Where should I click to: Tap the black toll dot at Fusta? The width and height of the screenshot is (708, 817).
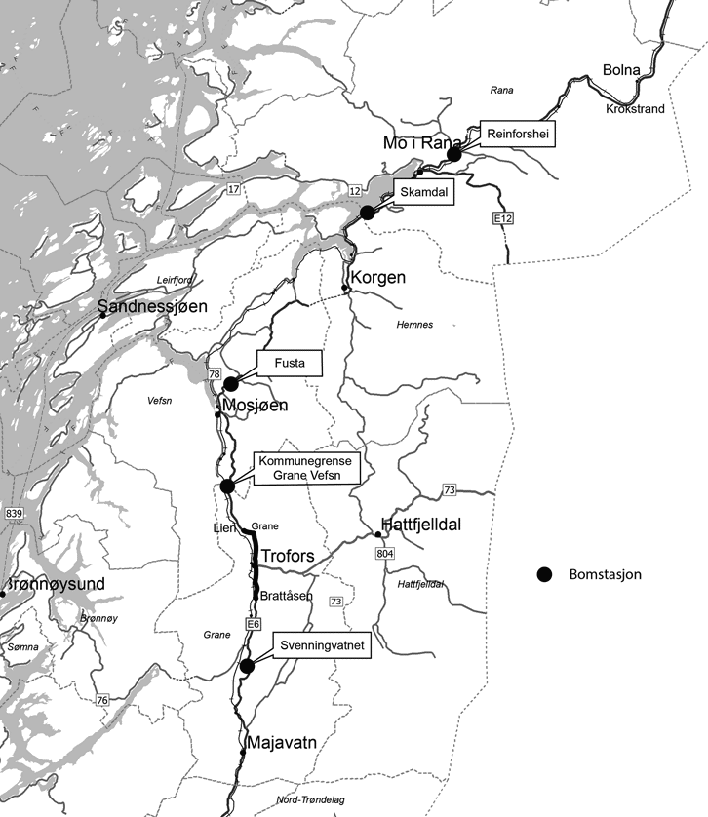coord(231,383)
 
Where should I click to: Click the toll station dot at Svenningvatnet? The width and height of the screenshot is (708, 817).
coord(247,666)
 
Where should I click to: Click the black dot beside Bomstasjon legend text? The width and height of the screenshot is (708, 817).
coord(545,574)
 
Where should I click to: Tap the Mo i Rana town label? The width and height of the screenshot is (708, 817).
coord(422,142)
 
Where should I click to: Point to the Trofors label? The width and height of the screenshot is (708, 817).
coord(288,556)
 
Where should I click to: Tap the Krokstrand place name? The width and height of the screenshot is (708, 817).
coord(635,108)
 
